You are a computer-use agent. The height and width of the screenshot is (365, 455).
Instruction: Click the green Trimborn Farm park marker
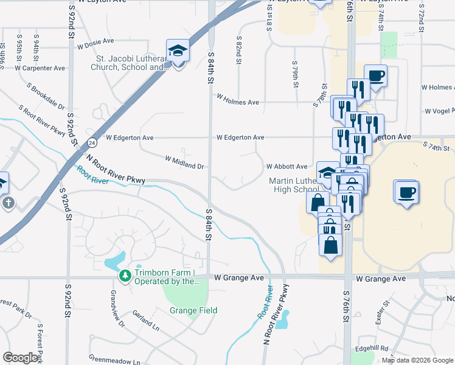(125, 277)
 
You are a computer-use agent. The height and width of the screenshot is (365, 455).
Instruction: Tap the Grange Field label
(193, 310)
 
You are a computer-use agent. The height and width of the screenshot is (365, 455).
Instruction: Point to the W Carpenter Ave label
(43, 68)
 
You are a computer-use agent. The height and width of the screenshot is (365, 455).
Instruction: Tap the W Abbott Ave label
(287, 166)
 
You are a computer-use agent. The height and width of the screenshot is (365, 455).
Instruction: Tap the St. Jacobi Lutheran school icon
(178, 51)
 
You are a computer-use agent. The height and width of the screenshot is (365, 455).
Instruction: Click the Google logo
(21, 358)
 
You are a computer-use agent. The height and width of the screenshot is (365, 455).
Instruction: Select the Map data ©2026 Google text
(417, 360)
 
